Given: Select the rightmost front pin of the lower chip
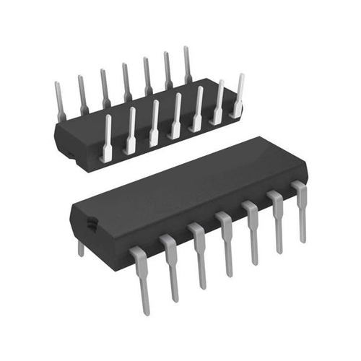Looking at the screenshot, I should [299, 209].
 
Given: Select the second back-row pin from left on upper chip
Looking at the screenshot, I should [83, 92].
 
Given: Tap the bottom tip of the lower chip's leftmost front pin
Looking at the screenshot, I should [147, 310].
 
